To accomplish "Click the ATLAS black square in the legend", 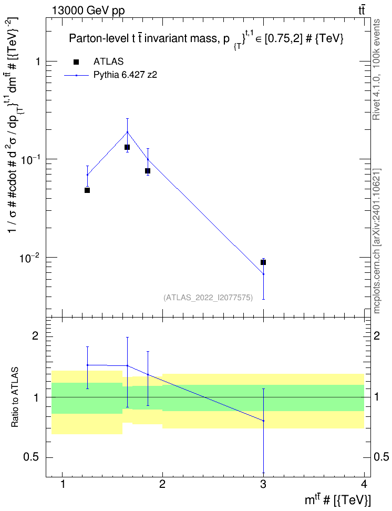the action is [76, 62].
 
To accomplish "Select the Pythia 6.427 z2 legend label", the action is [125, 75].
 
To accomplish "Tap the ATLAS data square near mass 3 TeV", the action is [263, 262].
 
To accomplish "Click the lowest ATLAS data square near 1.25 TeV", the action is [87, 190].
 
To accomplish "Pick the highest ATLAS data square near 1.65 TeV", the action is [127, 147].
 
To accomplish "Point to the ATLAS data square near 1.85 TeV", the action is [148, 171].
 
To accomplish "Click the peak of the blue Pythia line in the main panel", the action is [127, 132].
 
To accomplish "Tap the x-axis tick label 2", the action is [162, 484].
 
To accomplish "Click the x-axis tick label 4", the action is [364, 484].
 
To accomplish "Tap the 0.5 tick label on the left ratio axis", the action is [32, 457].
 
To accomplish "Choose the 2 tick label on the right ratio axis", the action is [377, 335].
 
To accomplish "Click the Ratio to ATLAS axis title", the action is [14, 397].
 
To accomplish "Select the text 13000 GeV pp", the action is [88, 11].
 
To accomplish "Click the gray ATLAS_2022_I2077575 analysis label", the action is [208, 297].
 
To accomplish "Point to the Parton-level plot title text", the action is [206, 39].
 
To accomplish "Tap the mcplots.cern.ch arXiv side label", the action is [377, 241].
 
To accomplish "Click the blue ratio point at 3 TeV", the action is [263, 421].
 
